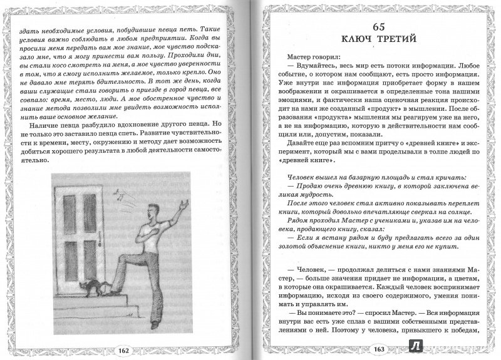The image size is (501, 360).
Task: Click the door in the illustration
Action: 91,237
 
